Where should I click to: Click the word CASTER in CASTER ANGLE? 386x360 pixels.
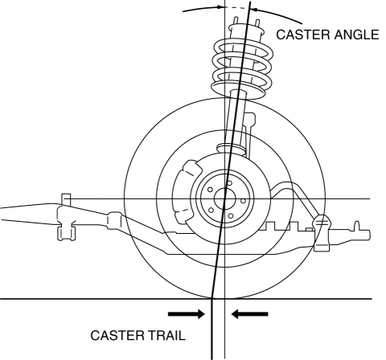pyautogui.click(x=303, y=35)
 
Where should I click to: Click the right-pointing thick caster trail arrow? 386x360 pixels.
pyautogui.click(x=187, y=314)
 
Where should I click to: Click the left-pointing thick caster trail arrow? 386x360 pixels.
pyautogui.click(x=249, y=314)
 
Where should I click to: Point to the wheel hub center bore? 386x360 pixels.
pyautogui.click(x=225, y=199)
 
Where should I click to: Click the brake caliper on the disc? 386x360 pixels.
pyautogui.click(x=187, y=191)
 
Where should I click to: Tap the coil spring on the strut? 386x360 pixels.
pyautogui.click(x=242, y=68)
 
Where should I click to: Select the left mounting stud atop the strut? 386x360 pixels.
pyautogui.click(x=236, y=21)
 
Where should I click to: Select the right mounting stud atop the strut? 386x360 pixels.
pyautogui.click(x=257, y=23)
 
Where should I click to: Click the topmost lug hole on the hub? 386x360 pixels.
pyautogui.click(x=229, y=183)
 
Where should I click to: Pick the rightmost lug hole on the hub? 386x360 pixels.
pyautogui.click(x=243, y=201)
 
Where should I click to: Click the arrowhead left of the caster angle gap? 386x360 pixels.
pyautogui.click(x=220, y=7)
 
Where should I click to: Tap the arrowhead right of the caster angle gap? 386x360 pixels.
pyautogui.click(x=254, y=10)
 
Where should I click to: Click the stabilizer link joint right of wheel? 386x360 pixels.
pyautogui.click(x=322, y=232)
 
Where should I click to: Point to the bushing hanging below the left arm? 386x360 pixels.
pyautogui.click(x=67, y=231)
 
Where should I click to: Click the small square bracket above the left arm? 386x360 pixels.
pyautogui.click(x=66, y=198)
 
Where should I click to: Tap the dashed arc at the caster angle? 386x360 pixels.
pyautogui.click(x=235, y=8)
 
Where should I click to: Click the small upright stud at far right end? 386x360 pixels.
pyautogui.click(x=357, y=225)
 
